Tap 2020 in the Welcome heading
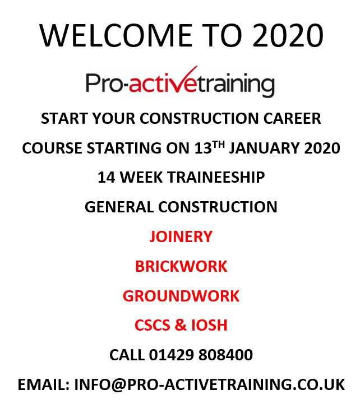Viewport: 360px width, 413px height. (x=288, y=36)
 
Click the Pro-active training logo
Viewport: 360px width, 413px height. (x=180, y=83)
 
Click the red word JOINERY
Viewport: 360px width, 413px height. (x=181, y=236)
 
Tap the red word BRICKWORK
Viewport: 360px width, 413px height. (x=181, y=266)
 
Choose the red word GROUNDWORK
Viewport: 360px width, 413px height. (x=181, y=295)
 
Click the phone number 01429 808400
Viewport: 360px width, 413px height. (x=201, y=355)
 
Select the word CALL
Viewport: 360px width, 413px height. (x=127, y=355)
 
